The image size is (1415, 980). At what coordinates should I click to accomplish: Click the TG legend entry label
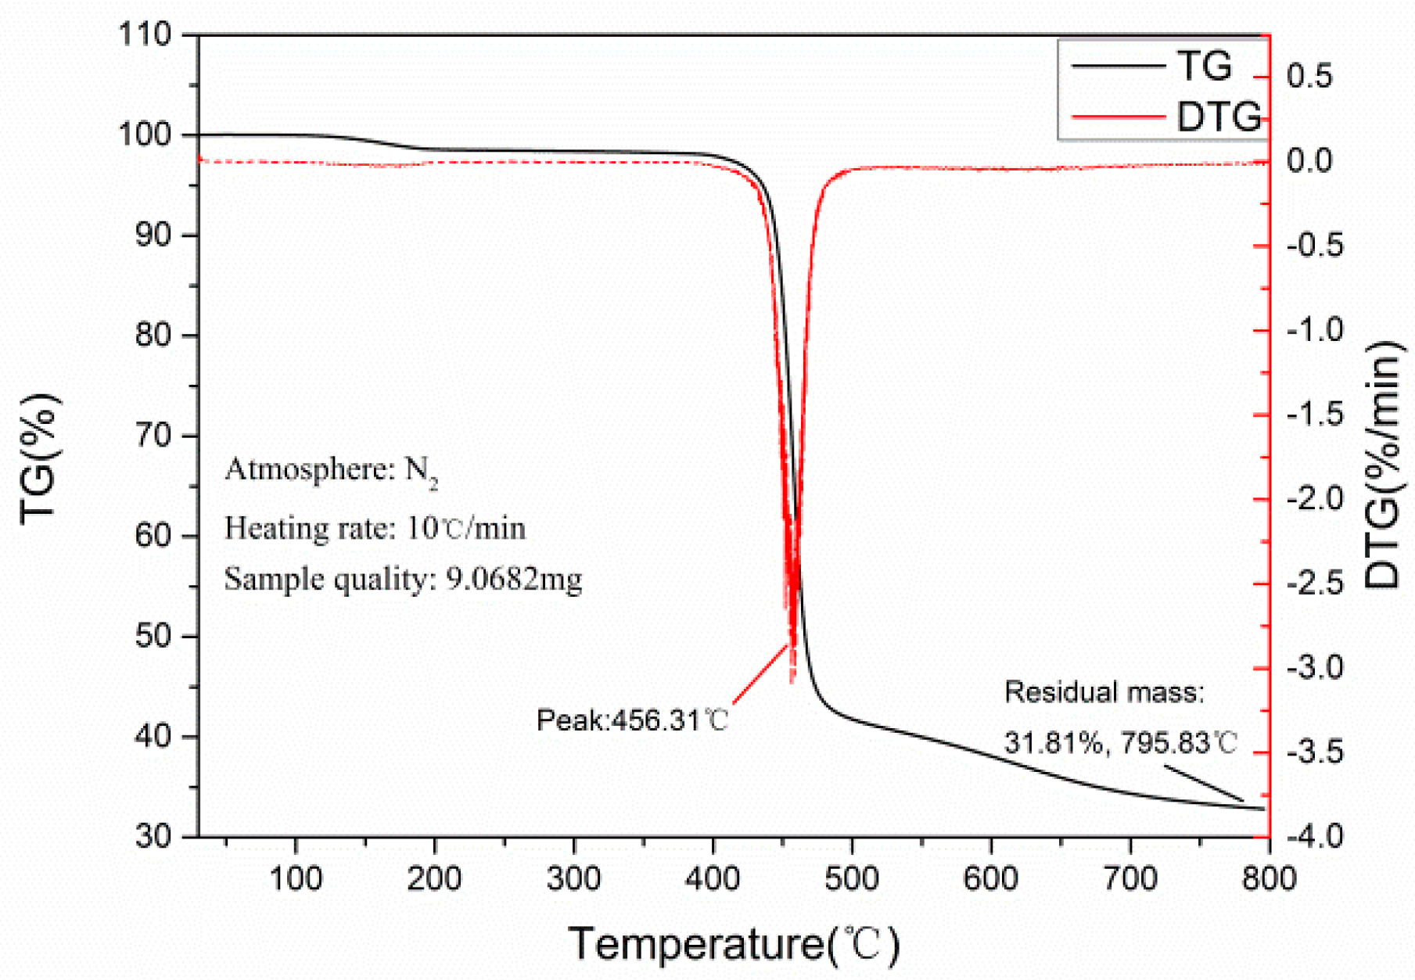click(x=1205, y=66)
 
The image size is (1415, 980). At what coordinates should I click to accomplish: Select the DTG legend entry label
click(x=1218, y=117)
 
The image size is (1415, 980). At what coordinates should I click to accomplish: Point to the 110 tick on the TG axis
click(x=144, y=35)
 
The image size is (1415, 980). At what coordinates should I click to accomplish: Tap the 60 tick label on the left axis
click(x=153, y=537)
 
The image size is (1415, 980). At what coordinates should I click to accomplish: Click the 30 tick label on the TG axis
click(x=153, y=837)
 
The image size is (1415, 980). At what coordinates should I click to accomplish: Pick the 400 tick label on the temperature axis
click(x=713, y=878)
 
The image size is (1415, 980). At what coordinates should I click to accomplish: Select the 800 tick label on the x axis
click(x=1269, y=878)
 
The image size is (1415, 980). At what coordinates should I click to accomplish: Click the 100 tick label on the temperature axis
click(x=296, y=878)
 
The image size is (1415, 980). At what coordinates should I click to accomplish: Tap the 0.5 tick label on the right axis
click(x=1309, y=77)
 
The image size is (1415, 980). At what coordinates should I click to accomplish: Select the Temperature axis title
click(x=734, y=944)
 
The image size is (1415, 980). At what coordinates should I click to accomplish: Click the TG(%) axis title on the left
click(x=39, y=458)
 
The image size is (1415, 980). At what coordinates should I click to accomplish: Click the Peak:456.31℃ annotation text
click(x=632, y=720)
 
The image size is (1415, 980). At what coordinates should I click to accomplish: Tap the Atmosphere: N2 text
click(x=331, y=470)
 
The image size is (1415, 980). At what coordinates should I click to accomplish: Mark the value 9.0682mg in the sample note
click(x=514, y=580)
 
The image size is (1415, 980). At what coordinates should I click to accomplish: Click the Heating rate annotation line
click(x=375, y=529)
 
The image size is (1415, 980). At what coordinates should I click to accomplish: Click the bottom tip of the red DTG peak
click(x=792, y=682)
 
